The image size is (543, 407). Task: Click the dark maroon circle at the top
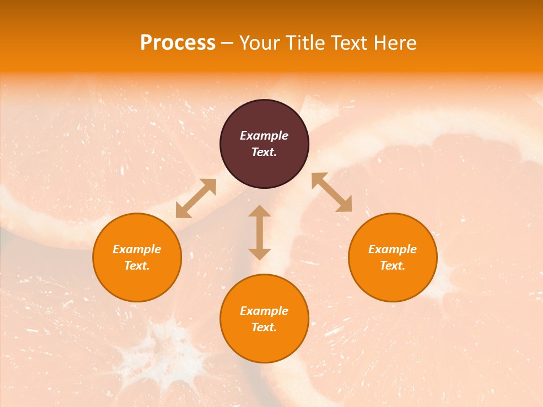point(264,144)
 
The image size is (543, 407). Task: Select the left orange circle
point(137,257)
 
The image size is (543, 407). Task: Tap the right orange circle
point(393,257)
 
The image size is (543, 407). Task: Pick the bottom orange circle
point(264,319)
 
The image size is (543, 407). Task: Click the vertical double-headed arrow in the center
point(260,232)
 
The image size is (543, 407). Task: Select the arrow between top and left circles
point(196,198)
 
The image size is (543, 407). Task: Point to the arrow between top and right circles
point(331,192)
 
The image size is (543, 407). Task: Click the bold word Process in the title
point(178,43)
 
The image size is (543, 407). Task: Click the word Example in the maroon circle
point(264,136)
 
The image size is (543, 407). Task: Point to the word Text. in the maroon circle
point(264,152)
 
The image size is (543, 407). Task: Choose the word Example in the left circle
point(137,249)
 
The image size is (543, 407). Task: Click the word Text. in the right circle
point(393,266)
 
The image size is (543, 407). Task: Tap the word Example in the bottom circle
point(264,311)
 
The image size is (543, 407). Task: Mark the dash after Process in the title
point(227,43)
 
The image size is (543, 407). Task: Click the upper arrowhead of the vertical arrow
point(260,211)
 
